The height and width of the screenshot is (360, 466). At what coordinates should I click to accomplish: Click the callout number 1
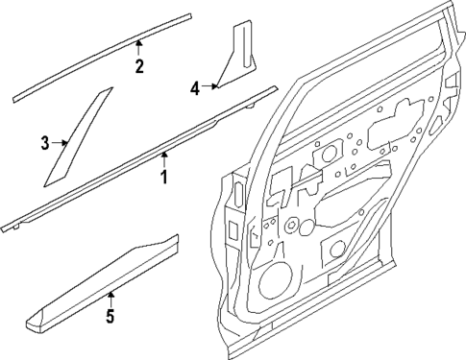163,177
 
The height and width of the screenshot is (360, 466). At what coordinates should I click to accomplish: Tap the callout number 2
139,66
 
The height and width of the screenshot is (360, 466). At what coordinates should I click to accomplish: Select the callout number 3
44,144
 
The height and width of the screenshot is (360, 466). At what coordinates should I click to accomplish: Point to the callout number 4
195,88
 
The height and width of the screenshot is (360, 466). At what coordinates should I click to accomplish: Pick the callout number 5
110,316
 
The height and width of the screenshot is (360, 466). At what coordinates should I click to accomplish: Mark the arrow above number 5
110,296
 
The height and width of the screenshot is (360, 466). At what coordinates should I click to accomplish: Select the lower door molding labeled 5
106,283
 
